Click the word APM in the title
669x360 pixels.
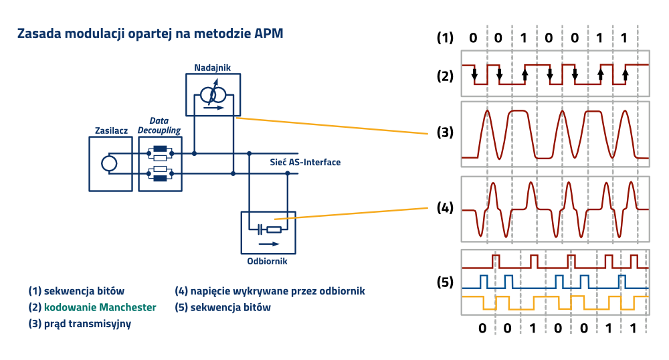pos(269,34)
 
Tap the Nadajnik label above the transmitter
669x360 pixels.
pos(213,68)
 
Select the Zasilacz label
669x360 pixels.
pos(111,130)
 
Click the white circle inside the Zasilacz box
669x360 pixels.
pos(109,163)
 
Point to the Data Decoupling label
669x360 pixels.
pos(160,126)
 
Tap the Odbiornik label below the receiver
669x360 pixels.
pos(267,262)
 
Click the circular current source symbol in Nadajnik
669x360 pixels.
pos(213,96)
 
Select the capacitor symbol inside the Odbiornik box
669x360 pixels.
pos(258,230)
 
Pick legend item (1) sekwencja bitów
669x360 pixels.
pos(76,291)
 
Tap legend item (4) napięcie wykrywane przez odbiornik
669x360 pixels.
pos(270,291)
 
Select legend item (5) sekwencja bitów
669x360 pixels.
pos(223,308)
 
